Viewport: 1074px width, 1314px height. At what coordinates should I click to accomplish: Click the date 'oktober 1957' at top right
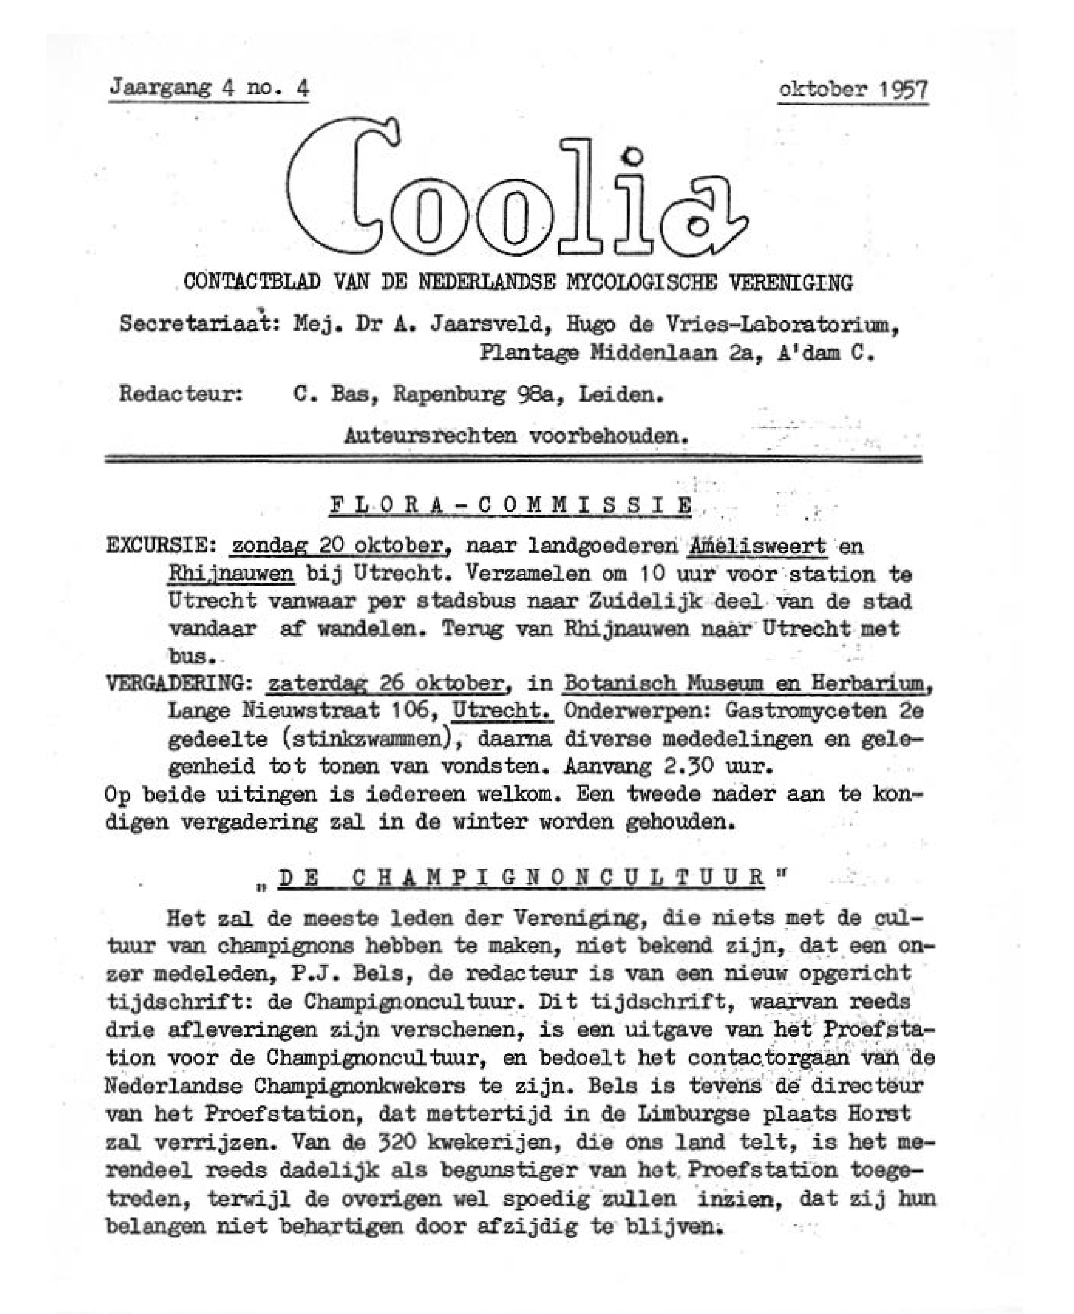coord(853,90)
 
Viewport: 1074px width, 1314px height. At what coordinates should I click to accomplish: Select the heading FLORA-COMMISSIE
coord(511,505)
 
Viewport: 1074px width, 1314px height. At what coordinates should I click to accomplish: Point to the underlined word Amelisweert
coord(757,546)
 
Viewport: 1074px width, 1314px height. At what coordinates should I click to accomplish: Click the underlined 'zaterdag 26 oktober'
coord(385,683)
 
